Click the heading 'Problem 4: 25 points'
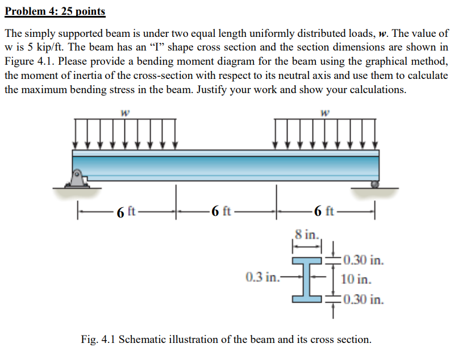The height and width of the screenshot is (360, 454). [x=55, y=11]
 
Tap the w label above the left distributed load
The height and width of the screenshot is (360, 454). [x=123, y=112]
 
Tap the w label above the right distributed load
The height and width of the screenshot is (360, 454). [x=323, y=112]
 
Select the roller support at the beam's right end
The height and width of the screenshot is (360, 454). [x=374, y=184]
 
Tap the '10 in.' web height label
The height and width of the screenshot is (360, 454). [x=357, y=279]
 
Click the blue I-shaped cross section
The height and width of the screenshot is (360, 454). [x=307, y=278]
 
